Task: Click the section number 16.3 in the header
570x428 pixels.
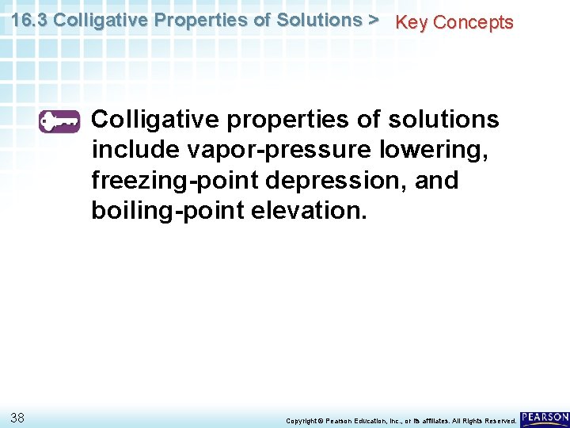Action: click(29, 20)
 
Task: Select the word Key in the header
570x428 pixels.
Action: click(412, 22)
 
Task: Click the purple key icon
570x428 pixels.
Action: click(59, 121)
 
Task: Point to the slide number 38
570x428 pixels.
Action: click(18, 417)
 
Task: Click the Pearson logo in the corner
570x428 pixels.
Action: click(545, 417)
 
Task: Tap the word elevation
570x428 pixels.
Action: click(306, 211)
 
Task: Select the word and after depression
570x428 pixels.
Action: click(436, 181)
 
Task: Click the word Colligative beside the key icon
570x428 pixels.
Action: click(158, 120)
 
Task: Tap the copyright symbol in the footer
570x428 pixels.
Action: click(322, 420)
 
